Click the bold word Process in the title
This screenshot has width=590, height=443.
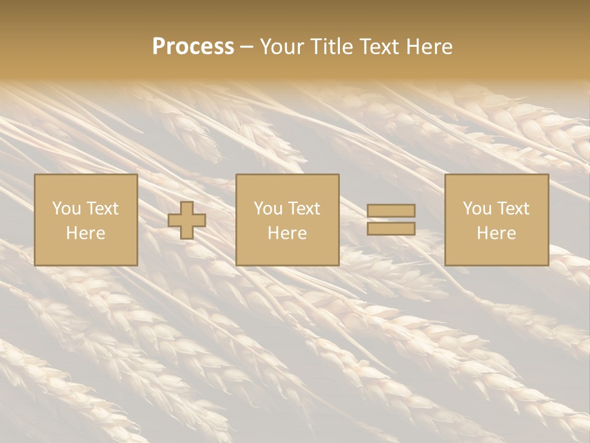tap(193, 47)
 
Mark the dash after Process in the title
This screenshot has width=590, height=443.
tap(247, 47)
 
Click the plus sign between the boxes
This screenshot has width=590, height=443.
tap(187, 220)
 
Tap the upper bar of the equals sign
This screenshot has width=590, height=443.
tap(391, 211)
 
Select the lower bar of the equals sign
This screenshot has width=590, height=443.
tap(391, 228)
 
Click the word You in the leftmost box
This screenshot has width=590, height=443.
tap(66, 209)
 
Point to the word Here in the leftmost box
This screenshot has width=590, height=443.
tap(86, 233)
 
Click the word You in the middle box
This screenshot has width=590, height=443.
tap(267, 209)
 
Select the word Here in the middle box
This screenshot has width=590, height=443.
tap(288, 233)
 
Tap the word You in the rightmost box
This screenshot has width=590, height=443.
tap(476, 209)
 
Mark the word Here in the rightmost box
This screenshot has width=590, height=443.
tap(497, 233)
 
